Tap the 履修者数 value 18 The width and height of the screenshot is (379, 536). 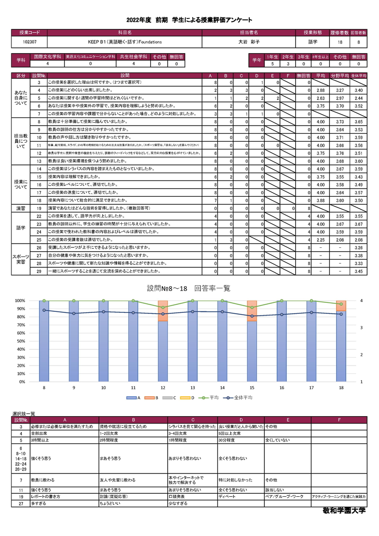pos(340,42)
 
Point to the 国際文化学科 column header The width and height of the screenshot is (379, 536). pos(48,56)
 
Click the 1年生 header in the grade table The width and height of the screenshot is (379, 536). pos(272,56)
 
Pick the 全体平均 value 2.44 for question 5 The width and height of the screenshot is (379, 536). pos(358,98)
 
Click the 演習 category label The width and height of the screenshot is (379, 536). pos(21,208)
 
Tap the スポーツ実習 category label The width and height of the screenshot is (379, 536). pos(21,259)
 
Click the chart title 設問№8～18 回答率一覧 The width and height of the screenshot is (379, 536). pos(189,288)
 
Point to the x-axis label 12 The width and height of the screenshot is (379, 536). pos(163,388)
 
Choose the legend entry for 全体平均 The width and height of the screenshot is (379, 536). pos(241,398)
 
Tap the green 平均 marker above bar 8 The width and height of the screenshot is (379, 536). pos(44,300)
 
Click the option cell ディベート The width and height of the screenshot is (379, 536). pos(226,496)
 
